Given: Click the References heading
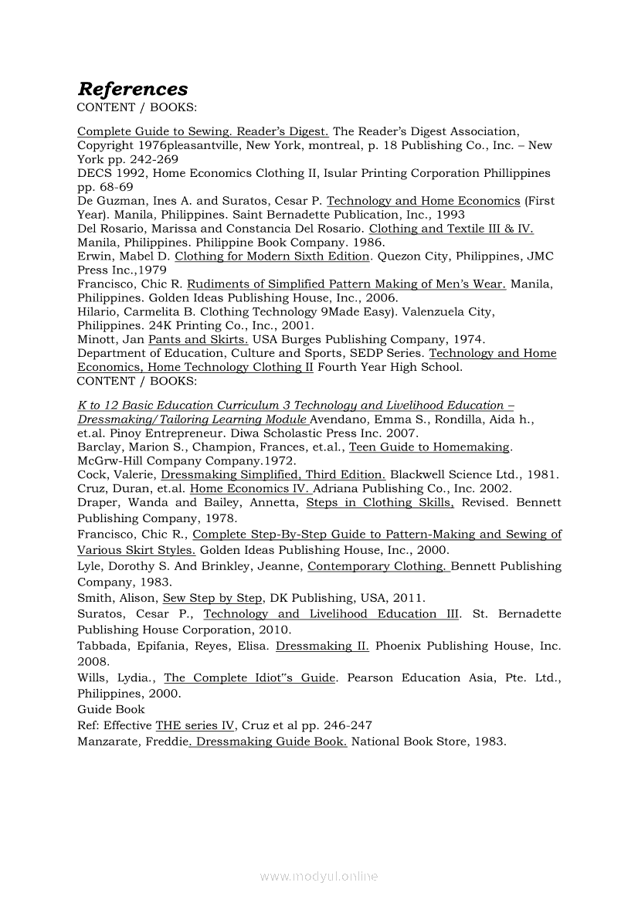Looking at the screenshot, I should coord(132,89).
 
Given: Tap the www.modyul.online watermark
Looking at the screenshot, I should coord(319,876).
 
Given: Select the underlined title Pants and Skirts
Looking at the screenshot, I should coord(198,339).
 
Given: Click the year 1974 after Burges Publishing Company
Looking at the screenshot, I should coord(443,339).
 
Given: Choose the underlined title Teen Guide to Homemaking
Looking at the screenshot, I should coord(429,446).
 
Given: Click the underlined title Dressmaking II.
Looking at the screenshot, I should coord(322,646).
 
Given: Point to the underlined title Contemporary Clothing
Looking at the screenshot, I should coord(378,566).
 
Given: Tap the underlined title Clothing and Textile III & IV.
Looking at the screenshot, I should coord(451,229).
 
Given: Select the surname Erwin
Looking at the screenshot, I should coord(93,256).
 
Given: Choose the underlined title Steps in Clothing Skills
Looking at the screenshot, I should coord(380,503).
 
